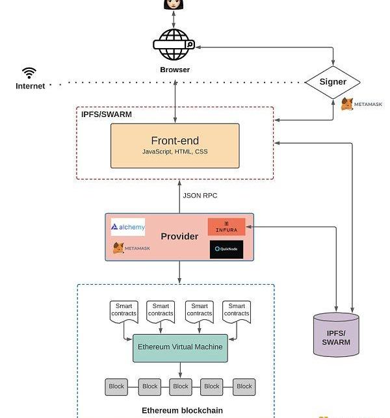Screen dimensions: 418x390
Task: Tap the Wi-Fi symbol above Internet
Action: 29,72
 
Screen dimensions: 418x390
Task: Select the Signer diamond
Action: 332,83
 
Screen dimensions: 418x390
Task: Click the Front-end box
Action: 175,145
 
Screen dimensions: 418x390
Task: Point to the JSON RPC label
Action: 200,195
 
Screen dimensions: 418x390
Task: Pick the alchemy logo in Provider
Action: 128,227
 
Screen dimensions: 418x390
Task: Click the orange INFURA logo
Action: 226,226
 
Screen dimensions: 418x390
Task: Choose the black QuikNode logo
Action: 226,249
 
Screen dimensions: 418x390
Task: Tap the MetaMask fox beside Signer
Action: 348,104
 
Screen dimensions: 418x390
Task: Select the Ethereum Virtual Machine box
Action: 180,347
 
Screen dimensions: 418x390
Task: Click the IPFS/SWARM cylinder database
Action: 336,335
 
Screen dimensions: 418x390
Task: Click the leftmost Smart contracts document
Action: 123,311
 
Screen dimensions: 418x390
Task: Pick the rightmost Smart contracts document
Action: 237,311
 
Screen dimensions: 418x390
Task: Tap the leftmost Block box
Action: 116,386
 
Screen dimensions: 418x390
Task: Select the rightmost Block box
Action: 244,386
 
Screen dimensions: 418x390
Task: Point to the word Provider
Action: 179,237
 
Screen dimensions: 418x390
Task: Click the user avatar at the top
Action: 174,4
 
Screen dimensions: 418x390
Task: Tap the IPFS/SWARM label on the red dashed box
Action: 107,114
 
